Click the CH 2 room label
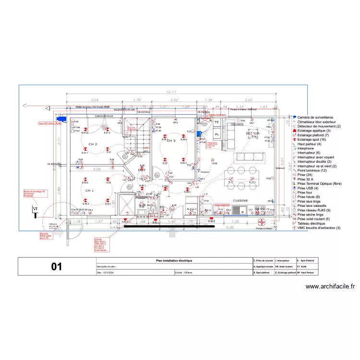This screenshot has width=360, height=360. (92, 144)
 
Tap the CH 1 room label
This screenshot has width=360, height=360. (89, 191)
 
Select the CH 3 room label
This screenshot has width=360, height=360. (171, 141)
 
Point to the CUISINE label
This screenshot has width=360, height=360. (240, 201)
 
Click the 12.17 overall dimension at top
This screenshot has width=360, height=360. (171, 92)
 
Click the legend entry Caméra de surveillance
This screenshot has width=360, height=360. (315, 118)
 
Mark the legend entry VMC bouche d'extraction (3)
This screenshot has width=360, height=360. (319, 228)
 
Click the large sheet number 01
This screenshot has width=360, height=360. (57, 267)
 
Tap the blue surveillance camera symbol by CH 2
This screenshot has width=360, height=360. (61, 118)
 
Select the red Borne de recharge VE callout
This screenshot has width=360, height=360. (33, 193)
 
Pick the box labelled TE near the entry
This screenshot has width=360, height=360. (216, 122)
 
